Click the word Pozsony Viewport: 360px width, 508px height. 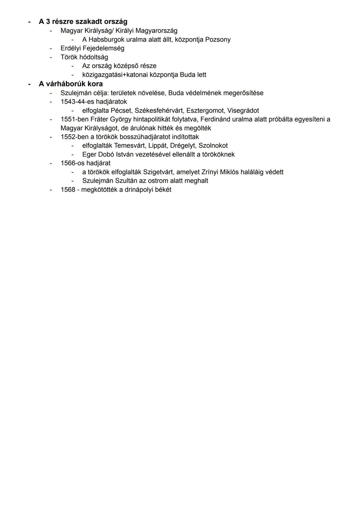218,40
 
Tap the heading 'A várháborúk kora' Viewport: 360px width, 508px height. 71,84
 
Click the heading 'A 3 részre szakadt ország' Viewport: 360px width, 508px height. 83,22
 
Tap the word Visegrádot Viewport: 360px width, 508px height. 243,111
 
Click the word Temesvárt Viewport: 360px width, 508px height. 129,146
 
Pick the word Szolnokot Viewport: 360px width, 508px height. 213,146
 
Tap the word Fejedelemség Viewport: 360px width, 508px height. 103,48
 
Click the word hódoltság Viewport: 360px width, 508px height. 94,57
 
